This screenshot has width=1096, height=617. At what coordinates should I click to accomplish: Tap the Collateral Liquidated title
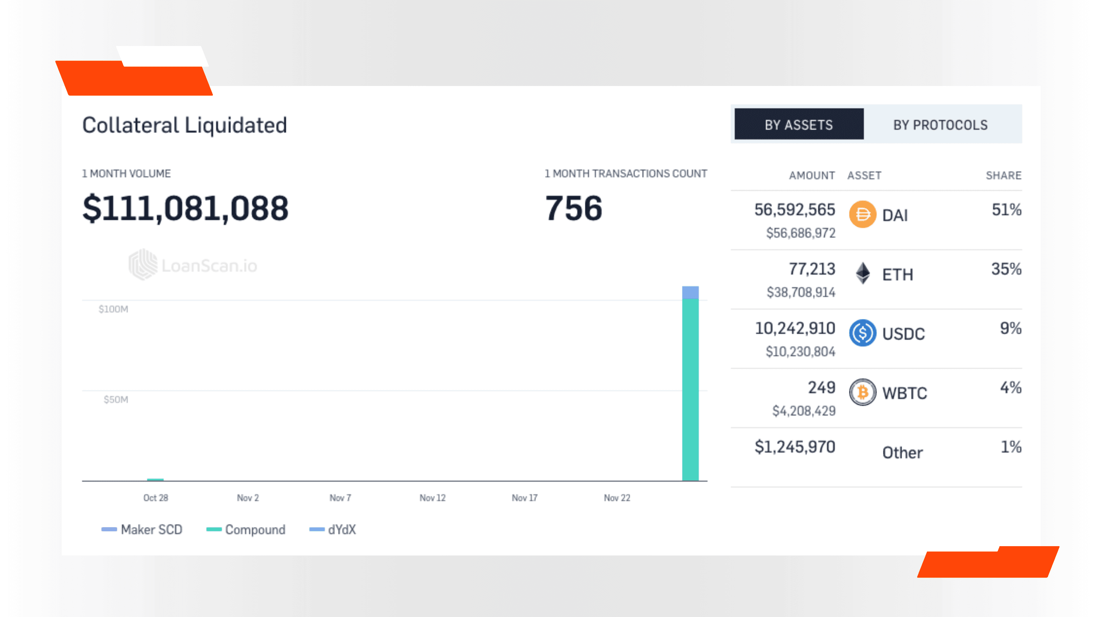(185, 125)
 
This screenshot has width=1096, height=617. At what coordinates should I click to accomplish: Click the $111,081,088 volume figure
(186, 208)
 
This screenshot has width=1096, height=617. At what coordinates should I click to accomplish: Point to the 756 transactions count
(573, 208)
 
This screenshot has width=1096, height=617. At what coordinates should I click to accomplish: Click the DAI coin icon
(863, 214)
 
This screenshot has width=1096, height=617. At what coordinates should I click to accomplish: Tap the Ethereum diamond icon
(863, 273)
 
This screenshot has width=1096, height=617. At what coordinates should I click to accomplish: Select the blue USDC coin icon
(863, 333)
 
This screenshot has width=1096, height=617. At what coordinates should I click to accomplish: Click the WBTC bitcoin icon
(863, 392)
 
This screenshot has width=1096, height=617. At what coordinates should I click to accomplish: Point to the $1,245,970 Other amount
(795, 447)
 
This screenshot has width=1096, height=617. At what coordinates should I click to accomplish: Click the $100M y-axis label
(113, 309)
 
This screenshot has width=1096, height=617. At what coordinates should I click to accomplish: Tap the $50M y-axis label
(116, 399)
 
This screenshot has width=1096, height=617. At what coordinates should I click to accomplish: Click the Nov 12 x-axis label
(432, 498)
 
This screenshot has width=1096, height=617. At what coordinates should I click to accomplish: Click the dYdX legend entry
(341, 529)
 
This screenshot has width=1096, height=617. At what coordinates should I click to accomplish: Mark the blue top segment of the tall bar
(690, 293)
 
